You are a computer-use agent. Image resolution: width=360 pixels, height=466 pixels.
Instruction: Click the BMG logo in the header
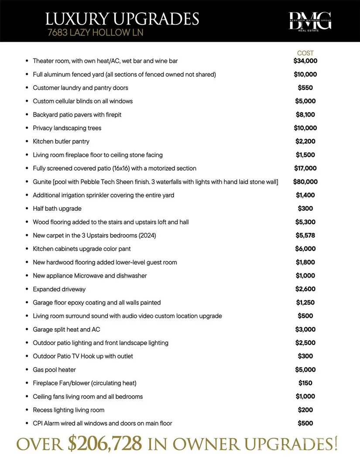pyautogui.click(x=310, y=21)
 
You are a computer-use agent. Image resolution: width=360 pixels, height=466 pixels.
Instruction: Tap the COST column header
pyautogui.click(x=305, y=53)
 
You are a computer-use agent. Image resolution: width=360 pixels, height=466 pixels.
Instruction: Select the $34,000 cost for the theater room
pyautogui.click(x=305, y=61)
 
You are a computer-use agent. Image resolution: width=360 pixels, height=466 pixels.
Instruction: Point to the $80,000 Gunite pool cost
pyautogui.click(x=305, y=182)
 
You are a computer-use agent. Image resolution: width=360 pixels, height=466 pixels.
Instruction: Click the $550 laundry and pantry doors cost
pyautogui.click(x=305, y=88)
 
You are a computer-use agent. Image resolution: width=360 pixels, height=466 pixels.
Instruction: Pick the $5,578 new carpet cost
pyautogui.click(x=305, y=235)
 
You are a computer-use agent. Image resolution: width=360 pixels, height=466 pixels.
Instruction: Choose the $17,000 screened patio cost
pyautogui.click(x=305, y=168)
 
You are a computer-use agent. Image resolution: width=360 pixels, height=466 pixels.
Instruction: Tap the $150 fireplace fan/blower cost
pyautogui.click(x=305, y=383)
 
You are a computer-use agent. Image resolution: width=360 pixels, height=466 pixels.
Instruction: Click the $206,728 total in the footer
pyautogui.click(x=105, y=444)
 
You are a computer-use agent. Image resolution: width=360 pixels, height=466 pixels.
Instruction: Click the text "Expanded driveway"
pyautogui.click(x=59, y=289)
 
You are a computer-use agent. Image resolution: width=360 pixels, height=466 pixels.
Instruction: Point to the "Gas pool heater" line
pyautogui.click(x=55, y=370)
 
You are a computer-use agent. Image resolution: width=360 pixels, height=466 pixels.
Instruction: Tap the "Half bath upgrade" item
pyautogui.click(x=57, y=209)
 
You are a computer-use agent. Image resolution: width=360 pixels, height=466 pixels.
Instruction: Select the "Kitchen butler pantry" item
pyautogui.click(x=61, y=141)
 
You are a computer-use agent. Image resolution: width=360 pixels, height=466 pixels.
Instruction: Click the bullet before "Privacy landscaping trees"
pyautogui.click(x=27, y=128)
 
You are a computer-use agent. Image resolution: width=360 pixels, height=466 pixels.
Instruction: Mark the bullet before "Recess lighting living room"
pyautogui.click(x=27, y=410)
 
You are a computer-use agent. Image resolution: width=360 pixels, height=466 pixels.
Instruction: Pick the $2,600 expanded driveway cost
pyautogui.click(x=305, y=289)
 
